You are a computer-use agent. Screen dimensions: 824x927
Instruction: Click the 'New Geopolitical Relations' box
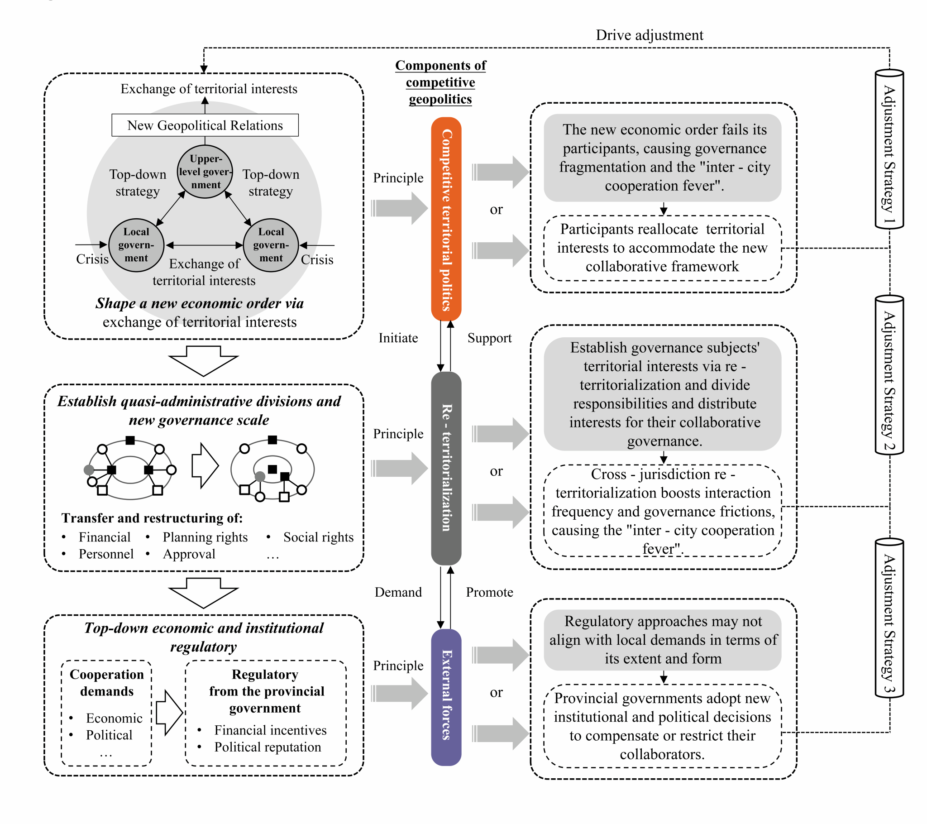(x=205, y=125)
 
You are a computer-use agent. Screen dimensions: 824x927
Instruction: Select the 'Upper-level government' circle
(x=205, y=172)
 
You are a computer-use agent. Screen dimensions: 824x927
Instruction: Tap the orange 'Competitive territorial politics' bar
(x=446, y=219)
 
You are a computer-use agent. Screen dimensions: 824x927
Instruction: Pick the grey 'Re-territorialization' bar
(x=446, y=468)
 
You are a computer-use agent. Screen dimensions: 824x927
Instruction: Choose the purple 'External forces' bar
(x=446, y=697)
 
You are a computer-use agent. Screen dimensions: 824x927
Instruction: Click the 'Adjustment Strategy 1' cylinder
(x=889, y=150)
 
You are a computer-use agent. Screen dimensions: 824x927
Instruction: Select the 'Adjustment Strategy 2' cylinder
(x=889, y=375)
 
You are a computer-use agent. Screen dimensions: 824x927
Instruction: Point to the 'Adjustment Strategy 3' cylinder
(x=889, y=618)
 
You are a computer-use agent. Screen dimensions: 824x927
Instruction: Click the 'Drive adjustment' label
(x=649, y=35)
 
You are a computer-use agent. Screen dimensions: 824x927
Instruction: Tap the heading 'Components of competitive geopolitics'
(x=440, y=82)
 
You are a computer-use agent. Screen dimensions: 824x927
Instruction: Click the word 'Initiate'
(x=398, y=338)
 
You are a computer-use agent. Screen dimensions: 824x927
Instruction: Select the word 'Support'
(x=489, y=338)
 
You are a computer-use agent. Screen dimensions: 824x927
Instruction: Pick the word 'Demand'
(x=398, y=592)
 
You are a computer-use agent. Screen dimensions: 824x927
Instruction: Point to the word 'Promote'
(x=489, y=592)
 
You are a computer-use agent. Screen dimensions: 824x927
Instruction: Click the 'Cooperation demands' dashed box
(x=106, y=713)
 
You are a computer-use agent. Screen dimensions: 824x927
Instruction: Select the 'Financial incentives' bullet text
(x=270, y=730)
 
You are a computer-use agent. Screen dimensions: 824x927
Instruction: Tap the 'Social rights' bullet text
(x=318, y=537)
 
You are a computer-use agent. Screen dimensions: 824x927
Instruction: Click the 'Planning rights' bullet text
(x=205, y=537)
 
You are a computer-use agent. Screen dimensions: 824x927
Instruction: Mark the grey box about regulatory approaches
(x=663, y=640)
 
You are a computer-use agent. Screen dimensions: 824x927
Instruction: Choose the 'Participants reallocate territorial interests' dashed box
(x=662, y=248)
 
